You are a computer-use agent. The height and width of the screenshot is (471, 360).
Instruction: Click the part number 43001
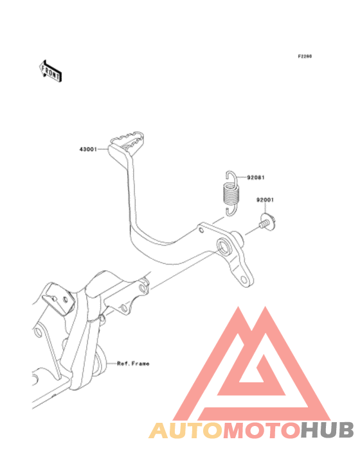tap(88, 149)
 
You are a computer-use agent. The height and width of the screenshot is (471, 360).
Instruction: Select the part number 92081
tap(256, 177)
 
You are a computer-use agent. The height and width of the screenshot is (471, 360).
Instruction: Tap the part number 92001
tap(265, 200)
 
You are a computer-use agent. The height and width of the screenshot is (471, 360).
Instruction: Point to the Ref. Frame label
tap(133, 364)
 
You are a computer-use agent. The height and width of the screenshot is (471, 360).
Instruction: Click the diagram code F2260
tap(305, 56)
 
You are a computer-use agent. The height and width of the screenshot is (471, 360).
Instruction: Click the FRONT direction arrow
tap(51, 71)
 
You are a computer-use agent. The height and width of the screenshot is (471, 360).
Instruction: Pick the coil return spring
tap(231, 194)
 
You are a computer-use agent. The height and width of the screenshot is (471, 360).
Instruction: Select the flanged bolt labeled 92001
tap(267, 222)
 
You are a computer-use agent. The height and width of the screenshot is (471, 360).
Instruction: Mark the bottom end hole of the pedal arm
tap(244, 280)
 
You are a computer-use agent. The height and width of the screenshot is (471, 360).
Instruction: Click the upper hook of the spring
tap(231, 178)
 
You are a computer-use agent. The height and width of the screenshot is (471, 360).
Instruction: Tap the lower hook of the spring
tap(231, 210)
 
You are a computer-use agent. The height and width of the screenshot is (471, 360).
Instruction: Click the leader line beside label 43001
tap(103, 148)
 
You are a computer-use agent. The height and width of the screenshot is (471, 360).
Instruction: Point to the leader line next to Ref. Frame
tap(111, 364)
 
